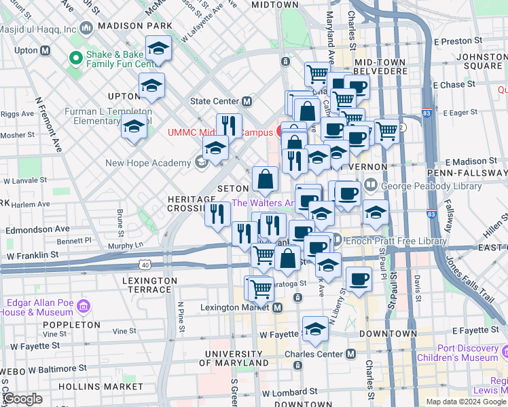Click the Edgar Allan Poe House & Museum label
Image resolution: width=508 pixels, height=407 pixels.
pyautogui.click(x=39, y=307)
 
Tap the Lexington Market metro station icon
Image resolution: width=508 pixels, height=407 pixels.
pyautogui.click(x=278, y=307)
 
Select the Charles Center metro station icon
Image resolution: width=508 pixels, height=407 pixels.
pyautogui.click(x=350, y=353)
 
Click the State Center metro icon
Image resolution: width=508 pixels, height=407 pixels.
pyautogui.click(x=247, y=101)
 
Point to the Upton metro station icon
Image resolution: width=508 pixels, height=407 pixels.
pyautogui.click(x=46, y=51)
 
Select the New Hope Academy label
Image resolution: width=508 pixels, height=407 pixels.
pyautogui.click(x=148, y=163)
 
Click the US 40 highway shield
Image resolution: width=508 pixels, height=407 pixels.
pyautogui.click(x=144, y=263)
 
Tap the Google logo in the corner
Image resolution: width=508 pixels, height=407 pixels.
pyautogui.click(x=22, y=399)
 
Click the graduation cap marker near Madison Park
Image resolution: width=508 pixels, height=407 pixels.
pyautogui.click(x=159, y=49)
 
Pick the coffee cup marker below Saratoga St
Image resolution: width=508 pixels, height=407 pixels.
pyautogui.click(x=359, y=277)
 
